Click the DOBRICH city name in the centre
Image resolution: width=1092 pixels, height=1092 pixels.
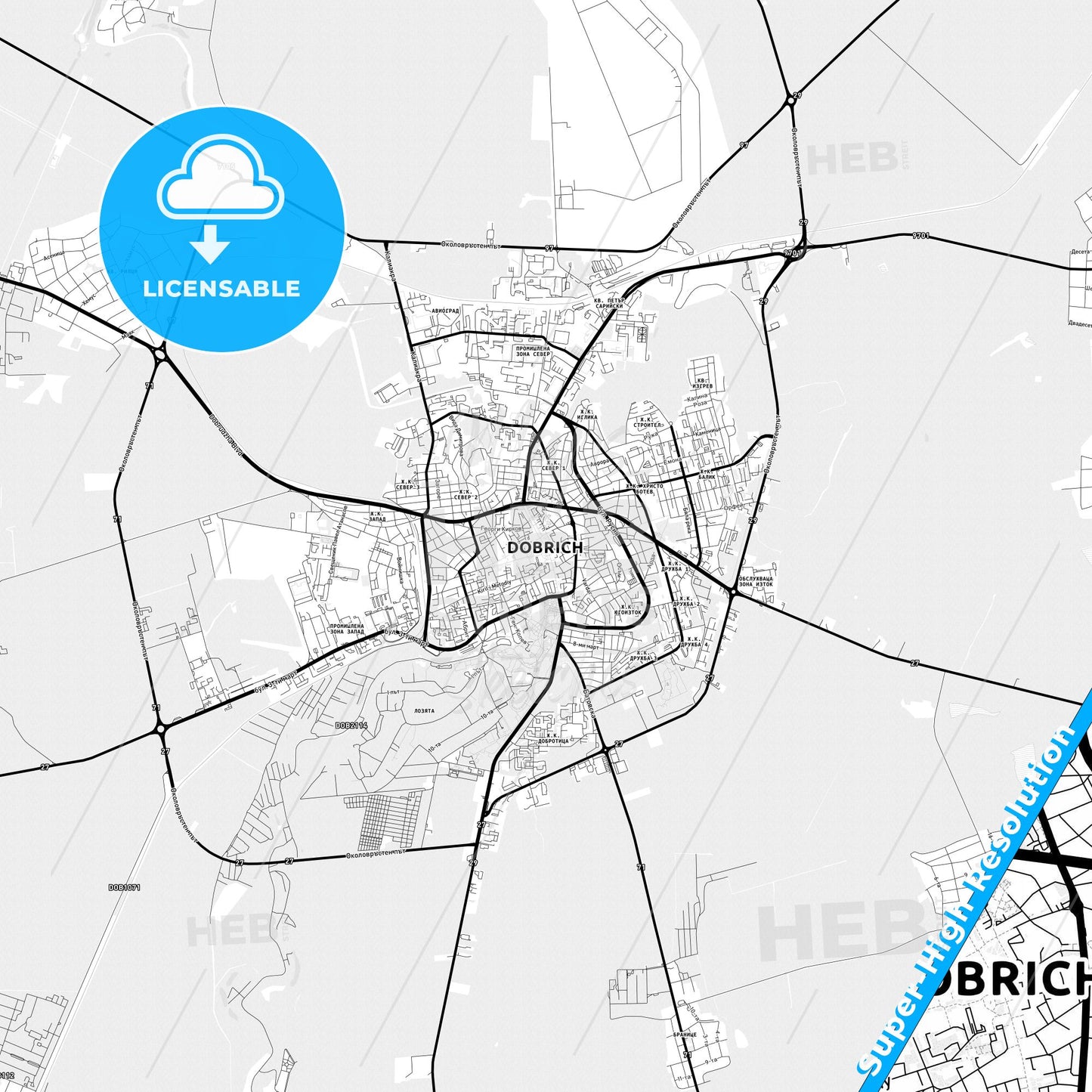[544, 547]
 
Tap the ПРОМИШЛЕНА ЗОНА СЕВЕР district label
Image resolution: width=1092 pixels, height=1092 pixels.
[533, 351]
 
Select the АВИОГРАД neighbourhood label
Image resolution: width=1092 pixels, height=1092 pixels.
[446, 311]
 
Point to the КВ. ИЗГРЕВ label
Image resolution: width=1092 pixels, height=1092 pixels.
[704, 383]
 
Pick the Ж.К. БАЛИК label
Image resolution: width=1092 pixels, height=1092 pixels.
[707, 475]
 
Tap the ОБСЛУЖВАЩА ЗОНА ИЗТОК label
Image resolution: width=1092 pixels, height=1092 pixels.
[755, 581]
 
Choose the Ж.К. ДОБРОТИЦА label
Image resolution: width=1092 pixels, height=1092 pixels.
[553, 738]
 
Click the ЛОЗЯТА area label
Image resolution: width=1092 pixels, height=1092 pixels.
[424, 711]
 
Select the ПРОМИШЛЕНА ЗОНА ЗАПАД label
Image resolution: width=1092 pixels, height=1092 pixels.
[346, 629]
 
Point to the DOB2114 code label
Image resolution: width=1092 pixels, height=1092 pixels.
[351, 725]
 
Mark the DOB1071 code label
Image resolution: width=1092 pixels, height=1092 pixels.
[124, 887]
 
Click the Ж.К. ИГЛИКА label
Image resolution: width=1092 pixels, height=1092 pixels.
[586, 415]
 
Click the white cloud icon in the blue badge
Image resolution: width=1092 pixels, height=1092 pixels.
[220, 178]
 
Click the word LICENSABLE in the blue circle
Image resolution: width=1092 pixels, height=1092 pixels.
[221, 289]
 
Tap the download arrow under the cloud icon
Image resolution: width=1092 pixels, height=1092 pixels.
[210, 243]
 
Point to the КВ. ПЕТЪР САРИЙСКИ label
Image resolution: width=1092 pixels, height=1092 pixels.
[609, 303]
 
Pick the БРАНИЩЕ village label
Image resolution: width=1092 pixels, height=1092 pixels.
[685, 1035]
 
